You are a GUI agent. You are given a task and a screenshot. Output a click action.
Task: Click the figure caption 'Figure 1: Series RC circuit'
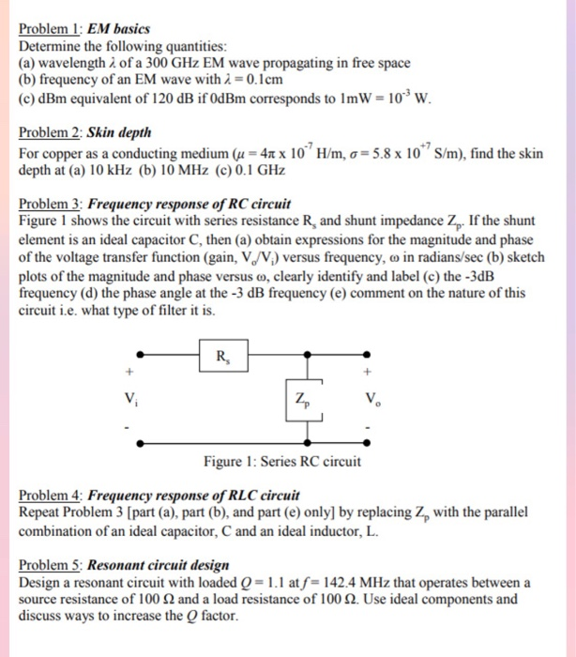(281, 461)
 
